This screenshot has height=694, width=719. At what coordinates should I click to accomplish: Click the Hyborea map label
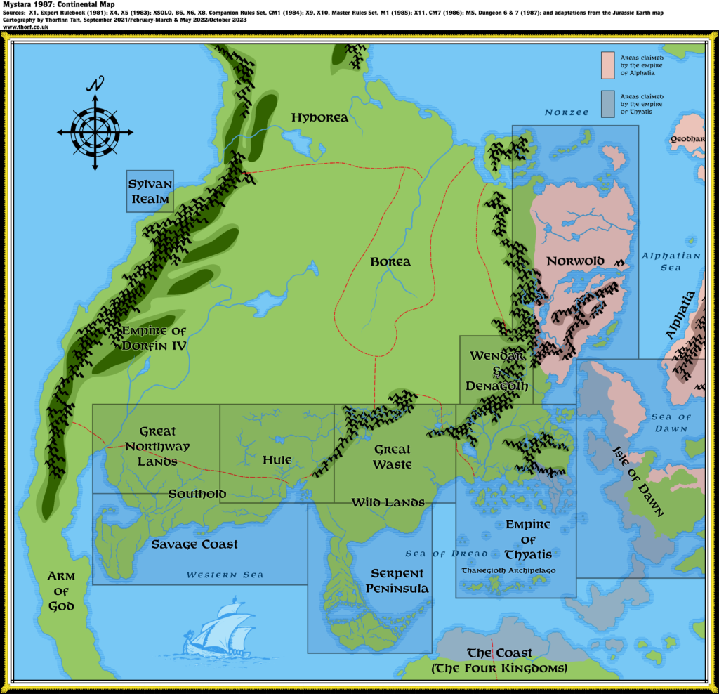[319, 117]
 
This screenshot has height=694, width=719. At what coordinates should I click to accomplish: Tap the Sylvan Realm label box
[149, 192]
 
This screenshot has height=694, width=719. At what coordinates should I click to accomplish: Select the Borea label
[390, 262]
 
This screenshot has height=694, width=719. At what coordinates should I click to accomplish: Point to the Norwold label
[575, 261]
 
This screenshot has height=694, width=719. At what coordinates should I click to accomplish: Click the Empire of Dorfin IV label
[154, 338]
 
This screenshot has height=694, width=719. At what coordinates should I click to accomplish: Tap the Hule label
[277, 460]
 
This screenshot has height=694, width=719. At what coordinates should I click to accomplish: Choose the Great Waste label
[393, 457]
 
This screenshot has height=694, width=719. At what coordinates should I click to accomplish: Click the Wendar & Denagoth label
[497, 371]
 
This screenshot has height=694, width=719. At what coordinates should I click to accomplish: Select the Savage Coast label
[194, 544]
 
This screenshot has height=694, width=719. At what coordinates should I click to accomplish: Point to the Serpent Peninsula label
[397, 581]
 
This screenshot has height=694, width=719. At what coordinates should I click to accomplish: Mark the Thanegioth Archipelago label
[508, 570]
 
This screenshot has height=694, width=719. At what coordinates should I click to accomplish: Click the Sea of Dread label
[446, 554]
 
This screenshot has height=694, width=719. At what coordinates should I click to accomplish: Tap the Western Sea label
[225, 575]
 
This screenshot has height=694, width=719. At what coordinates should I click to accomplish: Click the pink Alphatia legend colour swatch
[608, 65]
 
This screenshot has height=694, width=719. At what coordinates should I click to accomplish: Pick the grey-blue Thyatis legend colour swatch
[608, 104]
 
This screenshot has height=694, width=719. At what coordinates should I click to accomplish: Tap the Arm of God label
[61, 591]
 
